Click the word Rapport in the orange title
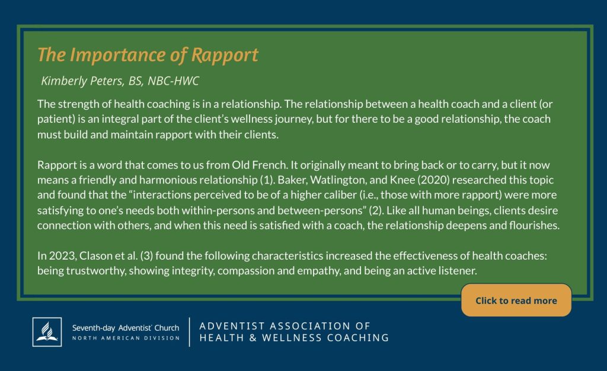[225, 55]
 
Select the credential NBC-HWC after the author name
[173, 81]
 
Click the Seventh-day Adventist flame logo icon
[47, 332]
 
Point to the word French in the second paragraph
[270, 165]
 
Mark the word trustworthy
[96, 270]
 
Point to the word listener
[458, 270]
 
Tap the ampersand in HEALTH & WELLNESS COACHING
[253, 338]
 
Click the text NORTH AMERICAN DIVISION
[126, 338]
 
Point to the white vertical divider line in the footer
[189, 332]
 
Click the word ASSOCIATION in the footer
[306, 326]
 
